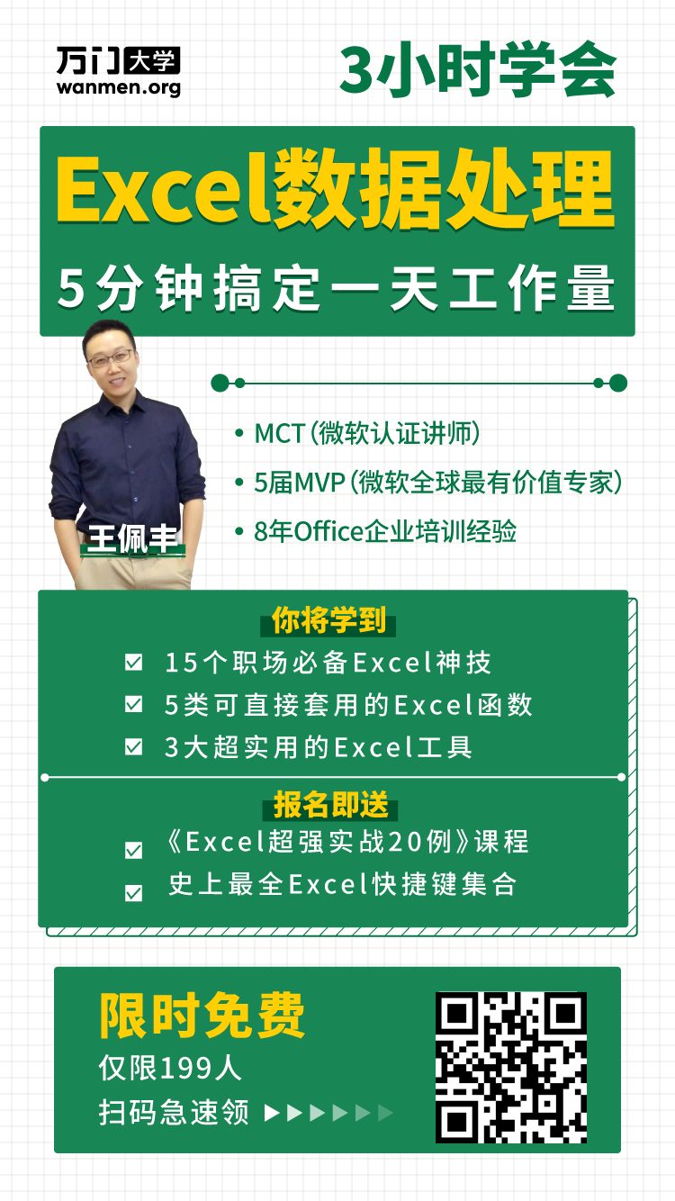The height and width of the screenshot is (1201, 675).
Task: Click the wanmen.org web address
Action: click(119, 87)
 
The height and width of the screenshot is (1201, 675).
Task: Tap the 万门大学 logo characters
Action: click(118, 60)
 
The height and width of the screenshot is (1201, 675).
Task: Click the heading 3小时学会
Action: click(478, 69)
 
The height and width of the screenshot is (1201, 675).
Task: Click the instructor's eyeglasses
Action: click(111, 358)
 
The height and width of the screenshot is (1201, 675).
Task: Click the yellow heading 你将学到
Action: click(328, 620)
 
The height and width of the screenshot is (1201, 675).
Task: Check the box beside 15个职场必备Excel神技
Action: click(133, 662)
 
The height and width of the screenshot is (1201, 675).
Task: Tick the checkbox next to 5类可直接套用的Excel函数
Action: click(133, 704)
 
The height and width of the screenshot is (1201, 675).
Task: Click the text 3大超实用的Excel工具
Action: click(319, 747)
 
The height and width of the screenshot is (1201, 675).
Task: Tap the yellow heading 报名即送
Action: click(331, 804)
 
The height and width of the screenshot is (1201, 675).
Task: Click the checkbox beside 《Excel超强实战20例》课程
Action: click(133, 850)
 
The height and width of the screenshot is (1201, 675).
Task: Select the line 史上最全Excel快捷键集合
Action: click(343, 884)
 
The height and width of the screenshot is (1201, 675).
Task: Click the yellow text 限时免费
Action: click(202, 1015)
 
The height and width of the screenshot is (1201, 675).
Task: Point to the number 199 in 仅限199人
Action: click(186, 1068)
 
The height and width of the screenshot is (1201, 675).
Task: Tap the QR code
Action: click(511, 1067)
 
